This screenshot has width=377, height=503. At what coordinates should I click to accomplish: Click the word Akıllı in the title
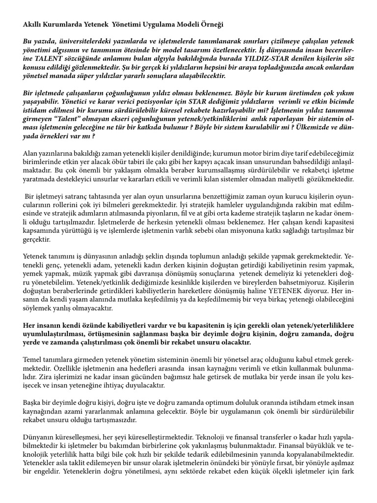33,24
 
